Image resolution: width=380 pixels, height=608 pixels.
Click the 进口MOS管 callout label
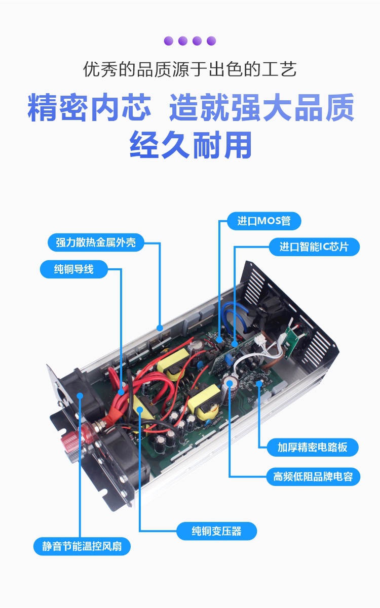tap(264, 221)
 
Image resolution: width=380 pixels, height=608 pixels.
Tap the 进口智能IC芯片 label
tap(314, 247)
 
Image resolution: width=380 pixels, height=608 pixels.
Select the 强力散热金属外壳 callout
tap(96, 242)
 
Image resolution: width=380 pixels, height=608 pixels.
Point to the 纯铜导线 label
tap(73, 269)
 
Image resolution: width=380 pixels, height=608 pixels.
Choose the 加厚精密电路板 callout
tap(313, 447)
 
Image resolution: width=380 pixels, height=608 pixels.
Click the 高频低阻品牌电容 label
tap(313, 476)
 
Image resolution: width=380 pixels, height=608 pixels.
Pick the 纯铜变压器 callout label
tap(216, 531)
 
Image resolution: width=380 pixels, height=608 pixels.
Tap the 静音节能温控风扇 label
tap(82, 546)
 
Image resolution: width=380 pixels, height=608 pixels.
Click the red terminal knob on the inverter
tap(69, 440)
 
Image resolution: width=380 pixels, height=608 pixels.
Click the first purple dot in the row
tap(169, 40)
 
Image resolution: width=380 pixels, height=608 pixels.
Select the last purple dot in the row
tap(211, 40)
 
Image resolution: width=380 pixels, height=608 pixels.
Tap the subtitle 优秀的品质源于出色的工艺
tap(189, 69)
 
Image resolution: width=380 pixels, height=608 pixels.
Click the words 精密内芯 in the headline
tap(89, 107)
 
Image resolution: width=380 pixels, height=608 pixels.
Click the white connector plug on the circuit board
tap(261, 339)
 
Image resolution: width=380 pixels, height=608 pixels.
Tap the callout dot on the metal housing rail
tap(160, 328)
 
